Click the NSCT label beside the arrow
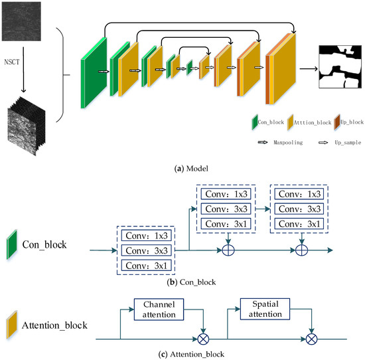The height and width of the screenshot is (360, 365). [x=12, y=62]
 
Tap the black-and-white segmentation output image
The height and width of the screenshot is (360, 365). [x=340, y=66]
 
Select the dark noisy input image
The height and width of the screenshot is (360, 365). [x=21, y=21]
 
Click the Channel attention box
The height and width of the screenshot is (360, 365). [x=159, y=310]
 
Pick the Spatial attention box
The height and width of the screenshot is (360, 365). [x=265, y=309]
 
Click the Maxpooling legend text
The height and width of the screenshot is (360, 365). [x=288, y=142]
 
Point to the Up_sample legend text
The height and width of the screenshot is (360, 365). [x=348, y=142]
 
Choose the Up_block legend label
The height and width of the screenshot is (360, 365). [x=352, y=122]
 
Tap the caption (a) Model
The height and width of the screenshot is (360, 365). [x=191, y=169]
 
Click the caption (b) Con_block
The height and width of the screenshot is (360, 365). [x=191, y=282]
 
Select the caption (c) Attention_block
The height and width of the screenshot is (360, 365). [x=191, y=355]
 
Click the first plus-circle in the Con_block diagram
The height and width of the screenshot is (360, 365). [x=228, y=250]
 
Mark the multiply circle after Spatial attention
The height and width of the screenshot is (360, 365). [x=311, y=339]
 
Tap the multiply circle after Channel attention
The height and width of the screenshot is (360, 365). [x=203, y=339]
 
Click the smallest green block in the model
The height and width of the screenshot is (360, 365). [x=190, y=68]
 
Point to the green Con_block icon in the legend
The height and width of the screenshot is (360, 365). [x=255, y=122]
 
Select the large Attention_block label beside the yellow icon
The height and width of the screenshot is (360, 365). [x=54, y=325]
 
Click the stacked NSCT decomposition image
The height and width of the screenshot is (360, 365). [x=27, y=126]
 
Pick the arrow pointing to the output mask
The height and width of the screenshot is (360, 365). [x=309, y=68]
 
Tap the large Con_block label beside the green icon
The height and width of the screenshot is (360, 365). [x=44, y=244]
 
